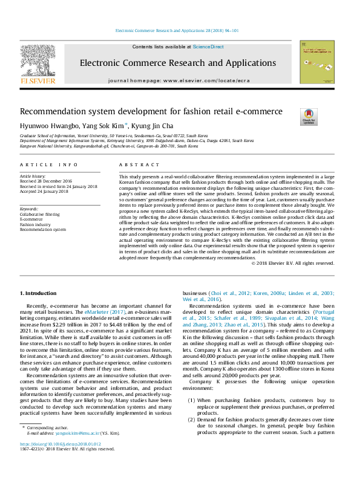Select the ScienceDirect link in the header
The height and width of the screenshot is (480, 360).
click(208, 47)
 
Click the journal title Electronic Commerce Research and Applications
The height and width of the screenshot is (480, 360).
click(178, 63)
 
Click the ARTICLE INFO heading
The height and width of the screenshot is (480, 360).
click(48, 164)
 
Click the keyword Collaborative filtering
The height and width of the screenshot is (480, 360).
click(40, 215)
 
